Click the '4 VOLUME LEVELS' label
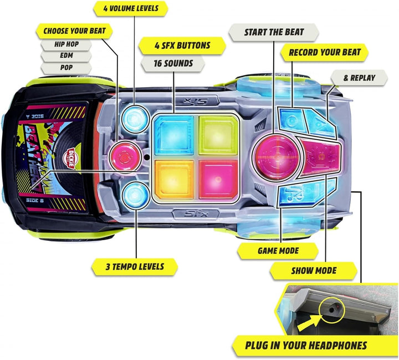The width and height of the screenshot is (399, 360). click(131, 8)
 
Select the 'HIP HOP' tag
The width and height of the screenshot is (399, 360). click(65, 43)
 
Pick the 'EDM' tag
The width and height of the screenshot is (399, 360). click(65, 56)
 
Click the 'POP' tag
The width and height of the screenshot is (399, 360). click(65, 69)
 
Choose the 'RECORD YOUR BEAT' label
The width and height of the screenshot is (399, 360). click(325, 53)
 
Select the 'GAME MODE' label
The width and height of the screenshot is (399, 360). click(278, 250)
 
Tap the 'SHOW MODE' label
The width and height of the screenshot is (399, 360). click(314, 271)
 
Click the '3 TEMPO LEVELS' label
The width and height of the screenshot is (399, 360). click(135, 266)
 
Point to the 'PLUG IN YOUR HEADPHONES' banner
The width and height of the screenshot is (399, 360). click(306, 346)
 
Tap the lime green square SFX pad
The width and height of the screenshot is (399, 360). click(218, 133)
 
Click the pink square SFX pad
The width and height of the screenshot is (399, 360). click(218, 177)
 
